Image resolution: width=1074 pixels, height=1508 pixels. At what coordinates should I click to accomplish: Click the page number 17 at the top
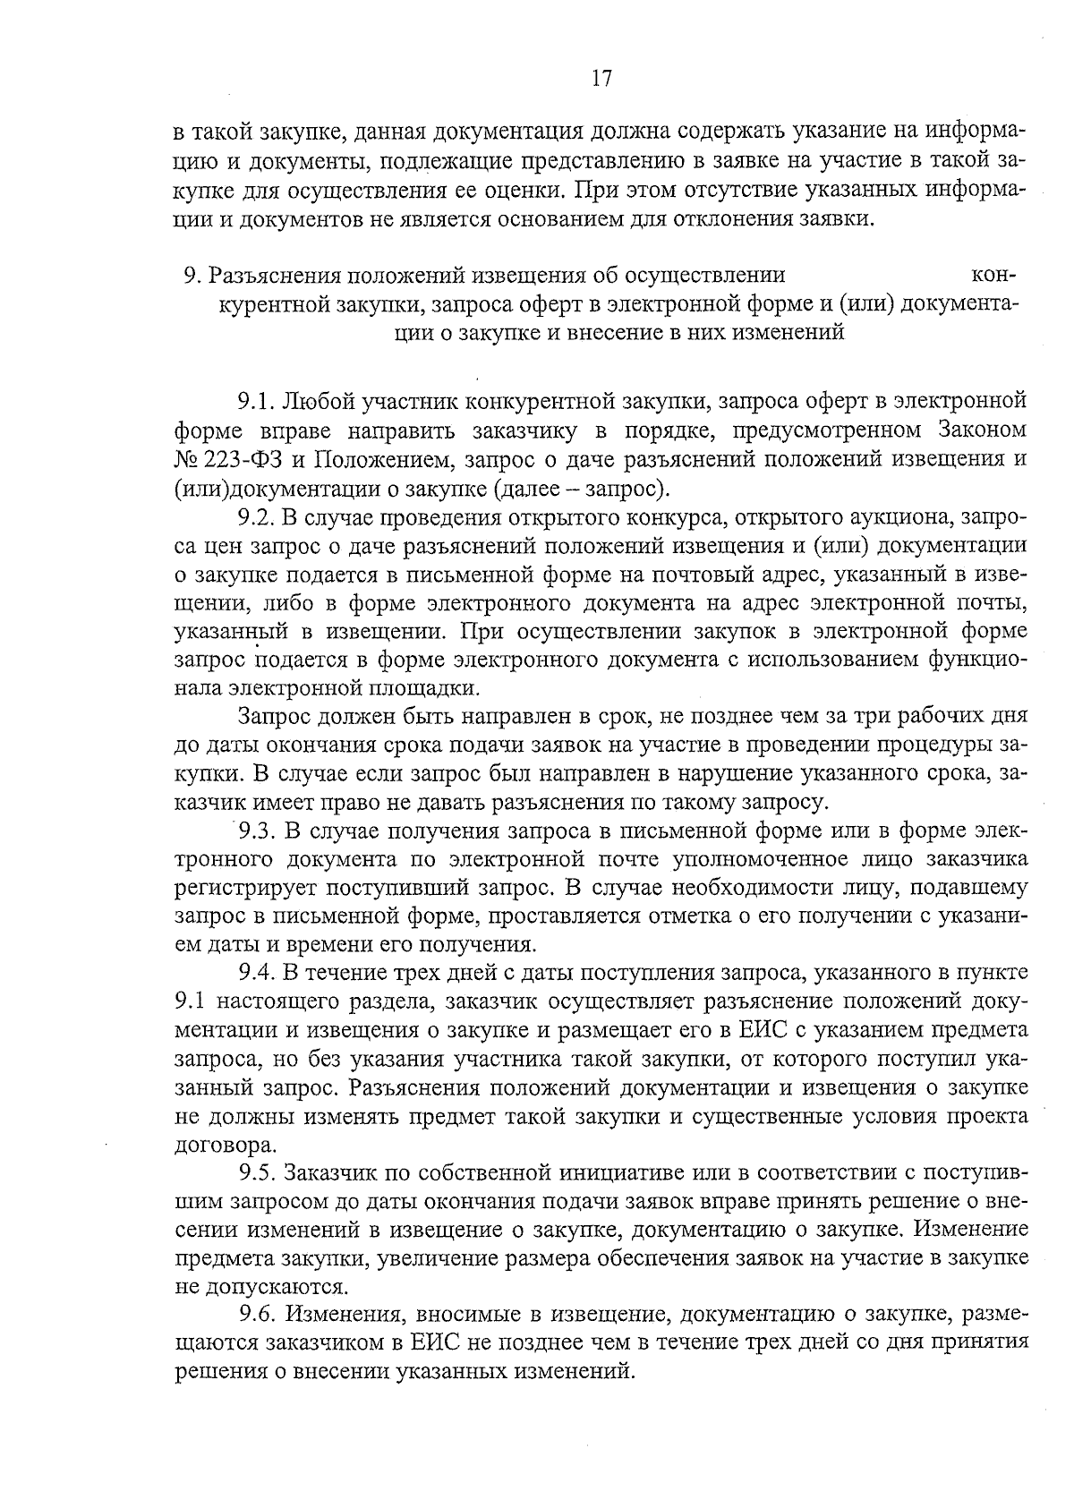coord(601,79)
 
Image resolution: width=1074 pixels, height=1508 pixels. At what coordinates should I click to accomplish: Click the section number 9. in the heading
coord(190,275)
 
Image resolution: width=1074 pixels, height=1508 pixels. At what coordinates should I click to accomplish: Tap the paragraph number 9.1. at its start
coord(255,400)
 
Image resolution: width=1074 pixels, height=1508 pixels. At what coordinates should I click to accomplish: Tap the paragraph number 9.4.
coord(256,973)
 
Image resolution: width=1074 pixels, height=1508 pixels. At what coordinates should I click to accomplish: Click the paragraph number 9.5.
coord(256,1172)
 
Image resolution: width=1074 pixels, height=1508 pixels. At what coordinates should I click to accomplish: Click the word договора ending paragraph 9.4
coord(224,1146)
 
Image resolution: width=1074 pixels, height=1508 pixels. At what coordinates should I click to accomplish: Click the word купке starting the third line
coord(201,191)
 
